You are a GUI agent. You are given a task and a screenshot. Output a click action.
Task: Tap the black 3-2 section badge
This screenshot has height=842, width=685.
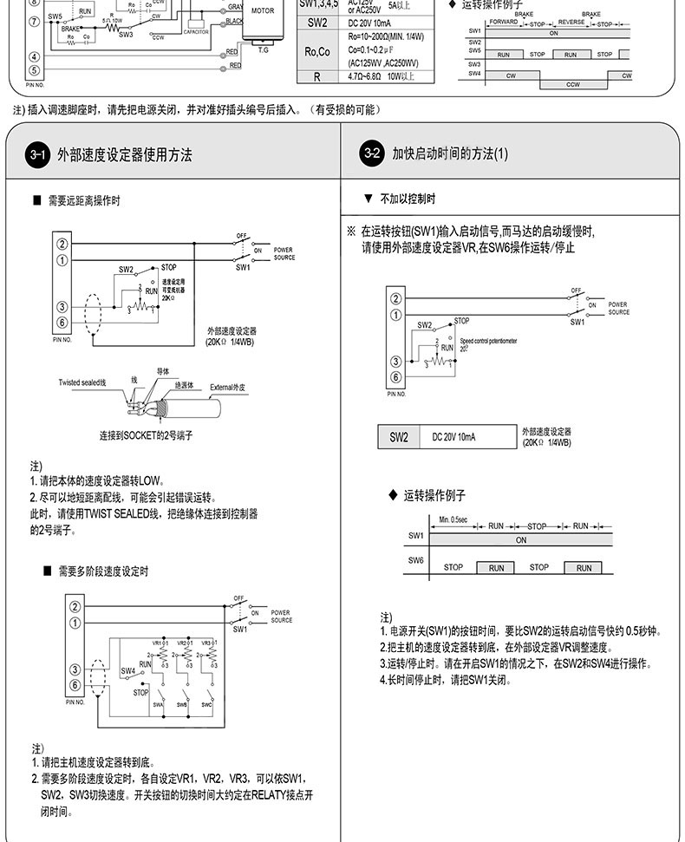coord(372,154)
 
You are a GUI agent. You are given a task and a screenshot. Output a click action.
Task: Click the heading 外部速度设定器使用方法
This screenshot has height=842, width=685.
coord(124,155)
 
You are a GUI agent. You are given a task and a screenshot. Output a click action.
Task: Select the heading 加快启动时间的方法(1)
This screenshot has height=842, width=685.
coord(450,154)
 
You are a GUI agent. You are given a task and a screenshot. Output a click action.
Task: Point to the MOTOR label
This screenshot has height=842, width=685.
coord(263,11)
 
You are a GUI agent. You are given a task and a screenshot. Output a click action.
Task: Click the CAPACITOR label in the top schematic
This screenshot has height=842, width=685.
coord(196,31)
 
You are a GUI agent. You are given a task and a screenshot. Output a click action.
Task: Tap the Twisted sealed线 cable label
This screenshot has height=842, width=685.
coord(82,382)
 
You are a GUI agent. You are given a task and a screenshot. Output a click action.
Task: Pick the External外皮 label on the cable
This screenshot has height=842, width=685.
coord(228,387)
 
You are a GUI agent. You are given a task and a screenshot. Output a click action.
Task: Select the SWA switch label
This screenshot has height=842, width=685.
coord(158,705)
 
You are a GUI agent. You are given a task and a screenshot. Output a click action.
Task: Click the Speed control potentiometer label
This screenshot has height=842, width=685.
coord(488,341)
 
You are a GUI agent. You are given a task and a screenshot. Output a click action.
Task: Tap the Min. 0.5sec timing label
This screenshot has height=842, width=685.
coord(453,519)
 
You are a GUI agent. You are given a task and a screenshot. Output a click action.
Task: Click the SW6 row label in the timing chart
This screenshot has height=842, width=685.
coord(415,561)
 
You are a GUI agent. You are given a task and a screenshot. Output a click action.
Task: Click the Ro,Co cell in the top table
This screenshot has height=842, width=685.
coord(317,52)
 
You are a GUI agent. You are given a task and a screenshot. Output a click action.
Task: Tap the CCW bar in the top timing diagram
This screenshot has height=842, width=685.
coord(573,84)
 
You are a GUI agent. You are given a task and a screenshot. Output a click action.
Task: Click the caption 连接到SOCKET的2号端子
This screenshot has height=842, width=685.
coord(146,434)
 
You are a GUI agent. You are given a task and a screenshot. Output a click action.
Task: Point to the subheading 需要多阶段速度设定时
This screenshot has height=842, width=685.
coord(103,571)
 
